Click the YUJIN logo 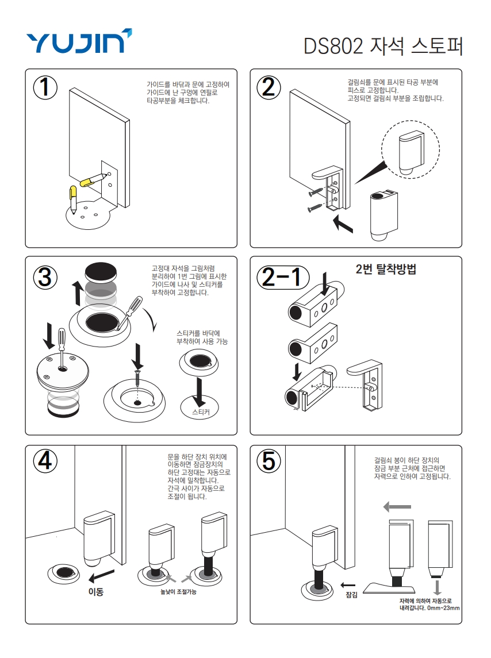(79, 41)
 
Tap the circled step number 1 (45, 87)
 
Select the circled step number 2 (269, 87)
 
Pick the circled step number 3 (45, 278)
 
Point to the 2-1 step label (283, 278)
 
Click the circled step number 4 (45, 461)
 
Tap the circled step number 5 (269, 461)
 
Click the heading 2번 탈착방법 (386, 269)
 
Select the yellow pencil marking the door (93, 180)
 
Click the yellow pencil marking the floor (73, 199)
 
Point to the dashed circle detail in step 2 (411, 149)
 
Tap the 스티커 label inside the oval (201, 412)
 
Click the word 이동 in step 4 (96, 592)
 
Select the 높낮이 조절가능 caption (178, 592)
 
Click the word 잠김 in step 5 (351, 595)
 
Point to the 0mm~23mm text (443, 607)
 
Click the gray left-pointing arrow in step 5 (397, 507)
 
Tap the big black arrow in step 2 (343, 223)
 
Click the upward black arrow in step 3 (78, 294)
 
